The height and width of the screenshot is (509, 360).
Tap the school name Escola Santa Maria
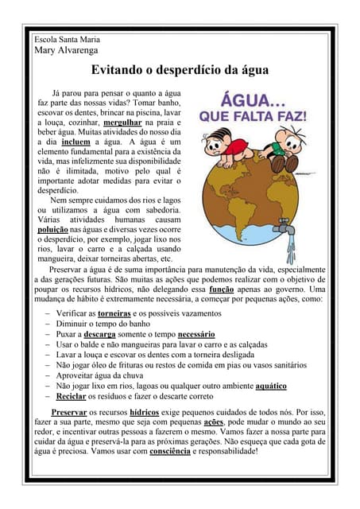pyautogui.click(x=68, y=38)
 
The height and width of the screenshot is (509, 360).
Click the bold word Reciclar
pyautogui.click(x=72, y=396)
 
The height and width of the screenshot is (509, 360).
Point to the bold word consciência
pyautogui.click(x=171, y=452)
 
